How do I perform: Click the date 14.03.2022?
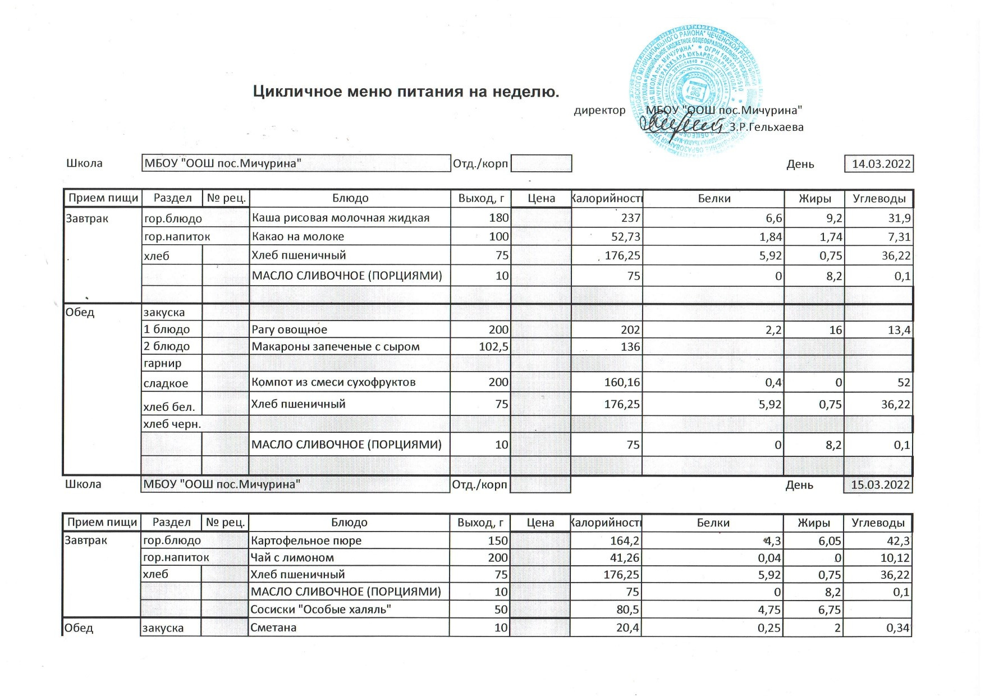(881, 164)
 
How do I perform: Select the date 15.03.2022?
(879, 485)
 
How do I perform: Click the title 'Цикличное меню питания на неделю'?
(406, 91)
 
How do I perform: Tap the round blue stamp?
(696, 90)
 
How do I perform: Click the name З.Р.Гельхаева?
(766, 127)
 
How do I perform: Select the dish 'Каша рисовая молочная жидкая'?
(340, 218)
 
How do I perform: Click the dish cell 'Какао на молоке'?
(297, 236)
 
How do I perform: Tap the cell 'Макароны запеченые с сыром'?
(335, 346)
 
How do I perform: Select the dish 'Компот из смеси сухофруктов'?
(333, 382)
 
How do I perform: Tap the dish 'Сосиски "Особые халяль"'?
(320, 609)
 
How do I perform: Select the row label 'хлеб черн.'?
(172, 424)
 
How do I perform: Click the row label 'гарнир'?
(163, 363)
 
